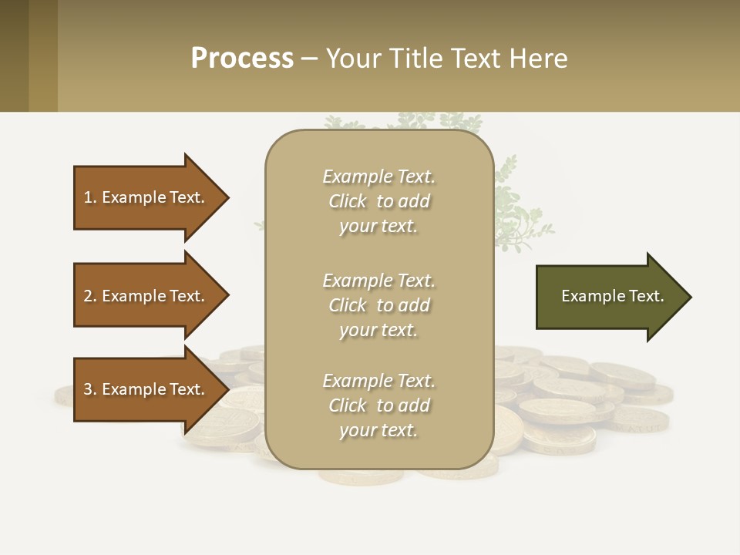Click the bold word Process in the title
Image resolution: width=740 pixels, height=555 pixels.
coord(242,59)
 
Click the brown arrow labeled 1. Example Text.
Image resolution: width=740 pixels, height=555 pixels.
coord(146,197)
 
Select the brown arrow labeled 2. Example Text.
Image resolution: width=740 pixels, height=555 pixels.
coord(146,296)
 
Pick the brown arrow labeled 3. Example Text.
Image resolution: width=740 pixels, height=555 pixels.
coord(146,389)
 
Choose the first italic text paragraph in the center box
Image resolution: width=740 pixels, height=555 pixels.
coord(378,201)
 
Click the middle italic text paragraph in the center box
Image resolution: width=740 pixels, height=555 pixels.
coord(378,305)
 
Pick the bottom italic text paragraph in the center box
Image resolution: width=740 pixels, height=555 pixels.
coord(378,405)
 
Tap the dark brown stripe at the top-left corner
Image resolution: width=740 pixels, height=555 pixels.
coord(14,55)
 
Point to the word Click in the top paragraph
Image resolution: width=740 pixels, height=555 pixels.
coord(348,201)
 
